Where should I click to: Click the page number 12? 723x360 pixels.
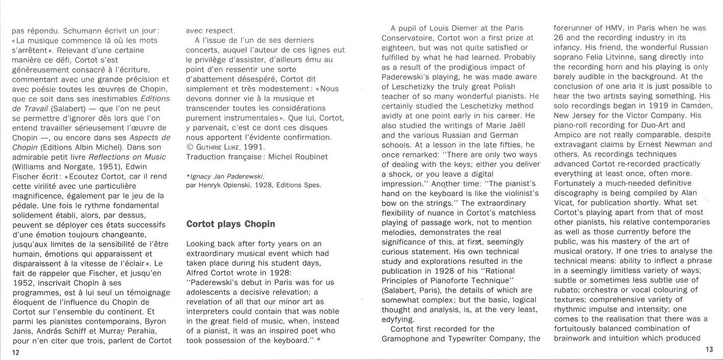pyautogui.click(x=16, y=353)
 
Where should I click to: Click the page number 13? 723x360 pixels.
pyautogui.click(x=709, y=349)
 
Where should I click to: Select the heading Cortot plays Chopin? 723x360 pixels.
pyautogui.click(x=231, y=224)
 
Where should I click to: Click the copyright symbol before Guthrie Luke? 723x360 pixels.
pyautogui.click(x=189, y=147)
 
